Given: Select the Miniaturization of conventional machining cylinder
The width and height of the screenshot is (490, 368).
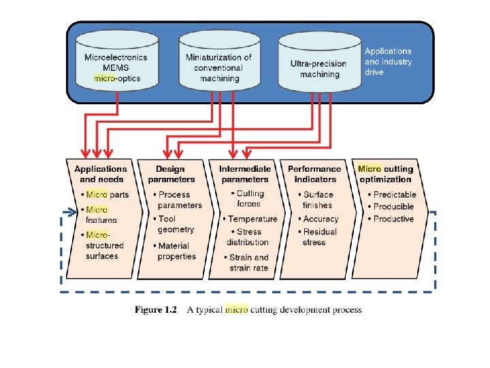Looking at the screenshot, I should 218,67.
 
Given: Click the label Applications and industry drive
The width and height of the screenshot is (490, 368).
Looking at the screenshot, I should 388,62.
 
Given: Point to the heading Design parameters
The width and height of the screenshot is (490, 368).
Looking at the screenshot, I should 171,174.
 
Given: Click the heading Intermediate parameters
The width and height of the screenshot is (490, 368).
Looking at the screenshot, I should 244,174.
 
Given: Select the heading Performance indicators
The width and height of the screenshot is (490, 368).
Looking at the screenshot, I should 314,174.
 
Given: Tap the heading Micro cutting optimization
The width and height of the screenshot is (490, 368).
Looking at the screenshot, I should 385,174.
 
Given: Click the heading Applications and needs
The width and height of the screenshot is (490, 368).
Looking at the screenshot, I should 101,174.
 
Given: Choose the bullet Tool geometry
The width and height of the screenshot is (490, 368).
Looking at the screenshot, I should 174,224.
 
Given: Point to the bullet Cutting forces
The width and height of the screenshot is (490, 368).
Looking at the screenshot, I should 249,198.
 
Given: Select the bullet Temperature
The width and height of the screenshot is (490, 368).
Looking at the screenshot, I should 252,219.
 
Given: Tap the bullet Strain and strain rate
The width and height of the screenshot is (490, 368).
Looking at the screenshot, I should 248,262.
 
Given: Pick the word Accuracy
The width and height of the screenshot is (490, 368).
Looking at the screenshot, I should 321,219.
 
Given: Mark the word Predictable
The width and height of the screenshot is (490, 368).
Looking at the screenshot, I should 395,194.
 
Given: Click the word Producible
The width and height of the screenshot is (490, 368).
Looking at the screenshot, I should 393,206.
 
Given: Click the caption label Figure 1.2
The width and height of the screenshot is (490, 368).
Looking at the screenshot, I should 156,310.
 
